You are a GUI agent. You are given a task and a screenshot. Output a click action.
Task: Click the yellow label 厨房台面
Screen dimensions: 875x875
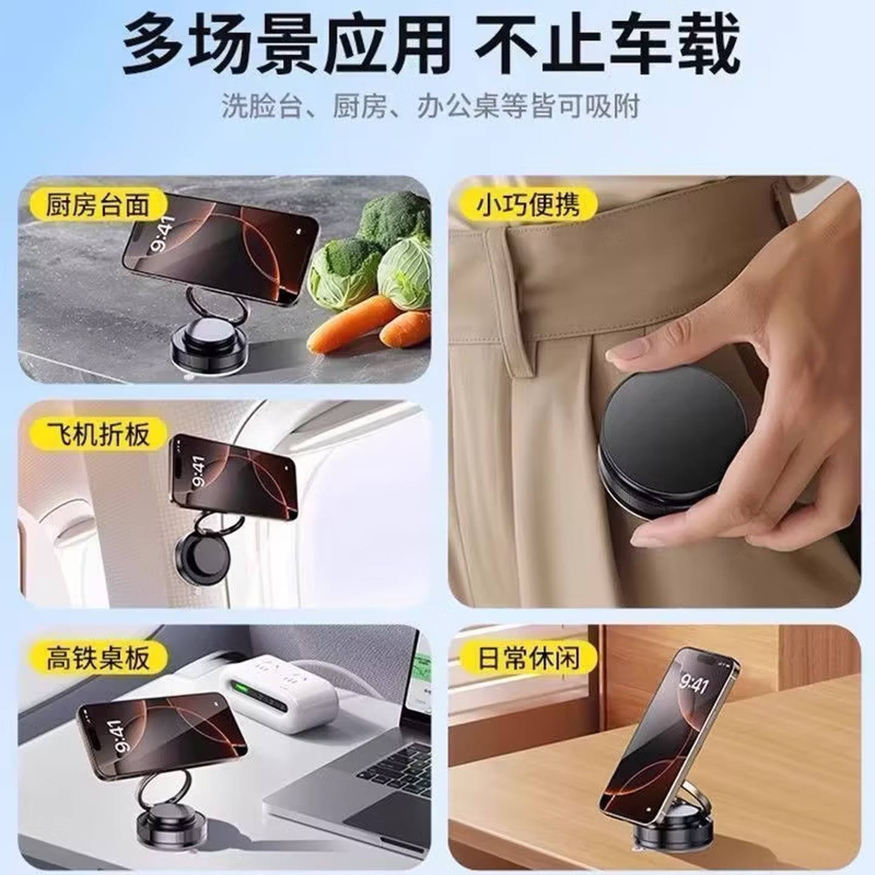[x=97, y=204]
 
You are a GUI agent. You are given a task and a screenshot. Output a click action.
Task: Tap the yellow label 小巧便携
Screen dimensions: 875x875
[x=527, y=204]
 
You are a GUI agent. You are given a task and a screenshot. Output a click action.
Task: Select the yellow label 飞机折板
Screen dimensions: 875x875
[x=98, y=434]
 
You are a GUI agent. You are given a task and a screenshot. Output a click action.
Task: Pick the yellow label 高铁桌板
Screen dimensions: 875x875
[x=98, y=657]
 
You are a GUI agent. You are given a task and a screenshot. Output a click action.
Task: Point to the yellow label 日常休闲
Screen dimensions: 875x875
[x=527, y=657]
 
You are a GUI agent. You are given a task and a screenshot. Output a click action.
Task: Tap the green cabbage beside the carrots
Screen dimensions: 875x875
[x=404, y=273]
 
